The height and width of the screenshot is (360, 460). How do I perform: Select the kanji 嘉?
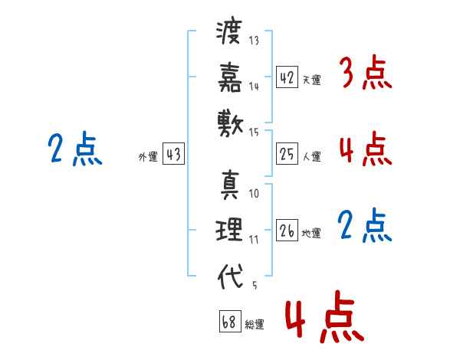click(230, 77)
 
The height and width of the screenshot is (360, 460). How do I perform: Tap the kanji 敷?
click(230, 124)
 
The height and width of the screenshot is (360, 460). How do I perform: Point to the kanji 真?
click(230, 185)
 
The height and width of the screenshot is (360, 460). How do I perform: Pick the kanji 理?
click(229, 230)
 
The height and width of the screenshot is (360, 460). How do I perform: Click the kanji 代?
click(230, 276)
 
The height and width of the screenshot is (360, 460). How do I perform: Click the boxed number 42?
click(287, 77)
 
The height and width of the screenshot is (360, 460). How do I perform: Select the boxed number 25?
click(287, 154)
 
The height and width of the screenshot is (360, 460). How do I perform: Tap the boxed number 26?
click(287, 230)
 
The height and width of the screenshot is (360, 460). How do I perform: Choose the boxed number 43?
click(173, 154)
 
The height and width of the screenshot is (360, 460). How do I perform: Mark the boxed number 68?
click(230, 321)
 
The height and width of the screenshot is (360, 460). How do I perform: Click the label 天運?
click(312, 80)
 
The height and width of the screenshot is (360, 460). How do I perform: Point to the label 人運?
click(312, 156)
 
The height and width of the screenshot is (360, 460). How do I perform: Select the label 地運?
click(311, 234)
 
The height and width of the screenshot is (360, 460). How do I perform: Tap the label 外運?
click(148, 157)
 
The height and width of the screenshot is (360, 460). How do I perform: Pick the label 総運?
click(255, 325)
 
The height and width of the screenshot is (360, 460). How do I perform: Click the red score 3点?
click(366, 73)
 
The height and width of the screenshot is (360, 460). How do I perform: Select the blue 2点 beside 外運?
click(75, 149)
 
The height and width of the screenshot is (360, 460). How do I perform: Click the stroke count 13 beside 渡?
click(254, 40)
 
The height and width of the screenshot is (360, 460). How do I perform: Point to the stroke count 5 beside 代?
click(255, 285)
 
